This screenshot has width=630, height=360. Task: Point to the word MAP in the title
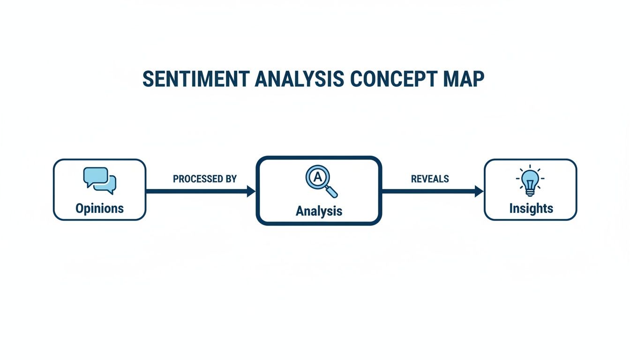tap(463, 79)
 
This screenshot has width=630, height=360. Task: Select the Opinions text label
tap(99, 208)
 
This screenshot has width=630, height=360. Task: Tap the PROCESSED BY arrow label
tap(205, 179)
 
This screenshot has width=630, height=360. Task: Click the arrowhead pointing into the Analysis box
tap(251, 191)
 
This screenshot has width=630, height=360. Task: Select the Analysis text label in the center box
tap(319, 211)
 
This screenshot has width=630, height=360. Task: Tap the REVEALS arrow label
tap(430, 179)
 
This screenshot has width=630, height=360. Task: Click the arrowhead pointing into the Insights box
tap(479, 191)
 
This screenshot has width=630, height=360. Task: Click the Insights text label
tap(531, 208)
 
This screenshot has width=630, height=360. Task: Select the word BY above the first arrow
tap(231, 179)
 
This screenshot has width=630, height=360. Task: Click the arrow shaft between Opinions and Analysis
tap(197, 191)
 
